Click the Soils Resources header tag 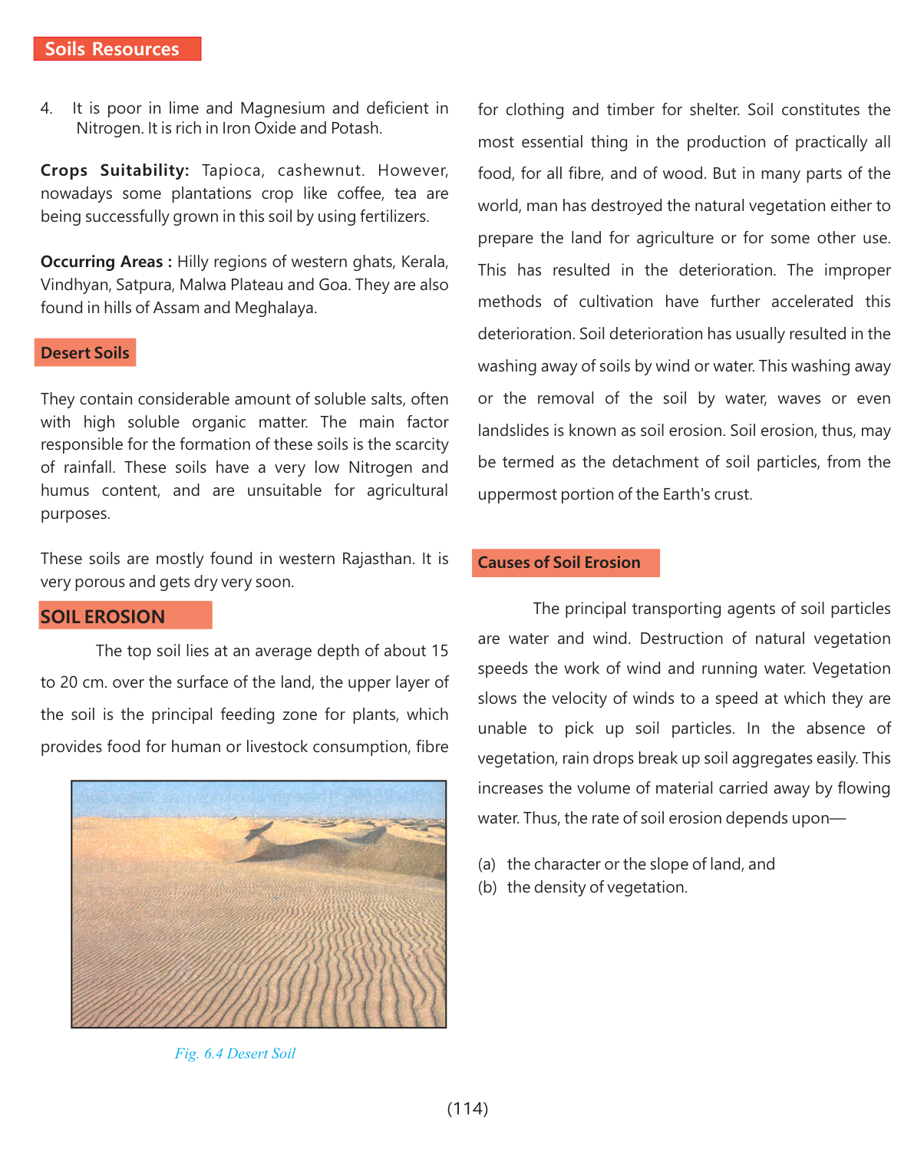117,49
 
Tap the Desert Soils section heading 85,353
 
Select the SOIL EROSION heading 103,617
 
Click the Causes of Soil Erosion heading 559,563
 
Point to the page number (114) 467,1108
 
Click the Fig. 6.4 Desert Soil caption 235,1054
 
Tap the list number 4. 46,108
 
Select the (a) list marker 487,864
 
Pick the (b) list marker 487,887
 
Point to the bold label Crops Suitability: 114,170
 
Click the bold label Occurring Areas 102,262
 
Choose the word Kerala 424,262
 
